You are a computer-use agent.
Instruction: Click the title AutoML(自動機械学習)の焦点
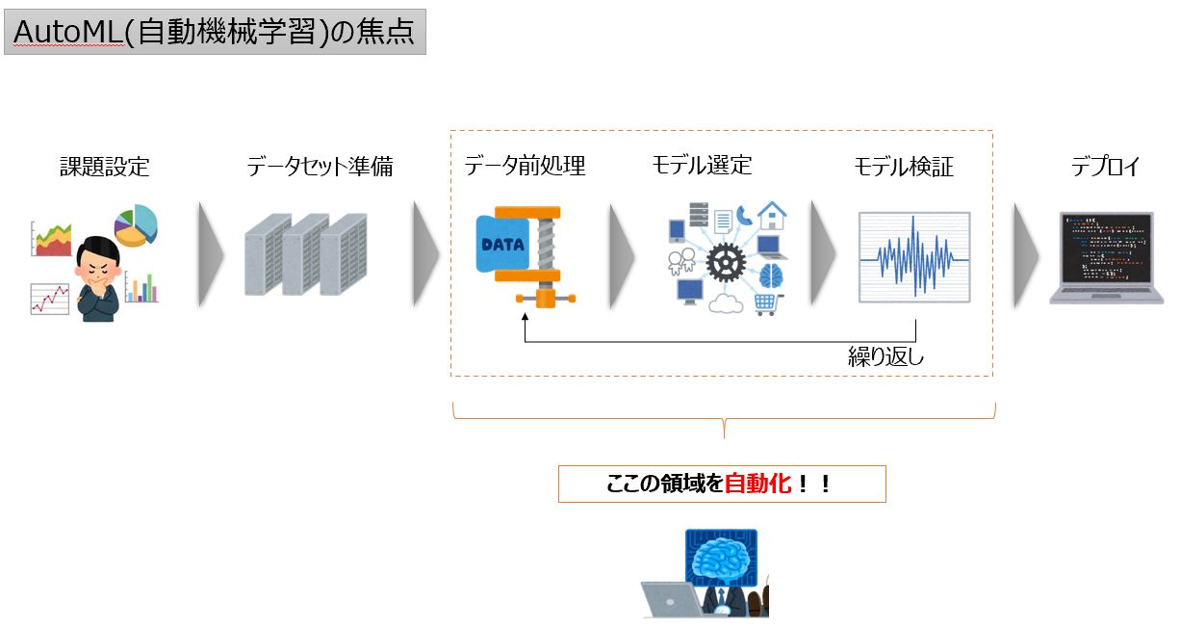pyautogui.click(x=214, y=32)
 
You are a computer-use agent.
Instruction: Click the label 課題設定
pyautogui.click(x=105, y=167)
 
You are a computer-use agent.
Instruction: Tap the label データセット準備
pyautogui.click(x=320, y=167)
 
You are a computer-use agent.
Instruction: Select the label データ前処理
pyautogui.click(x=525, y=166)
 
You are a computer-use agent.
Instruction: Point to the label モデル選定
pyautogui.click(x=702, y=165)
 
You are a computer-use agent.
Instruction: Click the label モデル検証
pyautogui.click(x=904, y=167)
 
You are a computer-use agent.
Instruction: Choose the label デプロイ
pyautogui.click(x=1105, y=167)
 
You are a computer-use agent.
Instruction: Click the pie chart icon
pyautogui.click(x=136, y=225)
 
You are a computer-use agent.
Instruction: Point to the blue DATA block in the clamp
pyautogui.click(x=502, y=244)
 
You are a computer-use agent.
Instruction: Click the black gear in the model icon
pyautogui.click(x=725, y=261)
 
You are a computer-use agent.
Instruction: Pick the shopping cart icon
pyautogui.click(x=764, y=303)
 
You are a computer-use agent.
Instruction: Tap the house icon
pyautogui.click(x=772, y=215)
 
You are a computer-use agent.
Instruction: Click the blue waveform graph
pyautogui.click(x=913, y=258)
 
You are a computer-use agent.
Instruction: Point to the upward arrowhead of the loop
pyautogui.click(x=526, y=326)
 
